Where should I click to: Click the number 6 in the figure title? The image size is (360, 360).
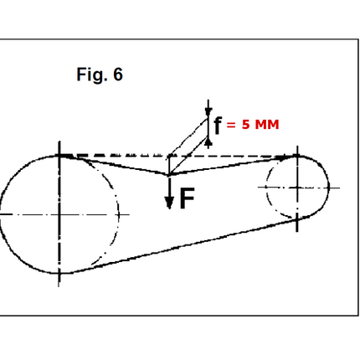point(118,75)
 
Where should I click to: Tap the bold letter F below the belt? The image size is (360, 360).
point(187,198)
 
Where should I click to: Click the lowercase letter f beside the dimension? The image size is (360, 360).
point(218,126)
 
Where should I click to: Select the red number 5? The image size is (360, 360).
point(245,125)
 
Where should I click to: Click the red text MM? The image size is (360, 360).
point(267,125)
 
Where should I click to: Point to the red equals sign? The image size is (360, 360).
point(231,125)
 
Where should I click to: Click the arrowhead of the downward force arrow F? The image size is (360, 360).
point(169,203)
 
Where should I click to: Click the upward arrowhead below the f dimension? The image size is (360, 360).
point(208,141)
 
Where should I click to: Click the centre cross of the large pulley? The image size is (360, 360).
point(59,214)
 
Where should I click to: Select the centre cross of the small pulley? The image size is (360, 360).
point(297,188)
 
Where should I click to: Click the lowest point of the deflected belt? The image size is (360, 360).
point(168,175)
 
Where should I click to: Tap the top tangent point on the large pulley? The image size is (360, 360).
point(59,156)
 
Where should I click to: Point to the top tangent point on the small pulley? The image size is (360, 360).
point(297,156)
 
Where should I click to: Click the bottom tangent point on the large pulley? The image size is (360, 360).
point(59,273)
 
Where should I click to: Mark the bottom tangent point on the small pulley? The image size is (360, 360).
point(297,220)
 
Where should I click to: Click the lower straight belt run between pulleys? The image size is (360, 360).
point(184,246)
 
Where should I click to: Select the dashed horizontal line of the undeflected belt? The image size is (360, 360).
point(178,156)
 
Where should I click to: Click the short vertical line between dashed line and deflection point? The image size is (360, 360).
point(168,165)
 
